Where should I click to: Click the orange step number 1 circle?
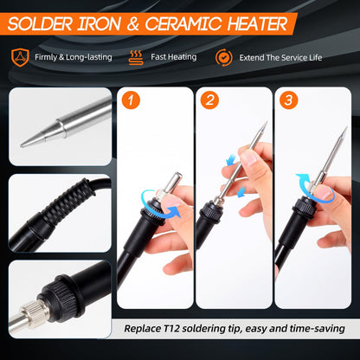(x=131, y=100)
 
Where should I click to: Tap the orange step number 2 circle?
(x=209, y=100)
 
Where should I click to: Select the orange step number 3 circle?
(x=288, y=100)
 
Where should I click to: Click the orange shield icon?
(x=20, y=57)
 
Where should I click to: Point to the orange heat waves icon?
(x=136, y=57)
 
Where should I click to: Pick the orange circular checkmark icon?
(x=224, y=57)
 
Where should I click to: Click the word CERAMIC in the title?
(x=183, y=24)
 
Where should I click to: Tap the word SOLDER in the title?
(x=40, y=24)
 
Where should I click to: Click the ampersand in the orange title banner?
(x=132, y=24)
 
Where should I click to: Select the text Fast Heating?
(x=174, y=57)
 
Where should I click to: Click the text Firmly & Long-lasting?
(x=74, y=57)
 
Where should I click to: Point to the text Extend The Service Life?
(x=280, y=58)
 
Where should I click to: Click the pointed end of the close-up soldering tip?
(x=21, y=145)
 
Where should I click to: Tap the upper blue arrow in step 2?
(x=231, y=160)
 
